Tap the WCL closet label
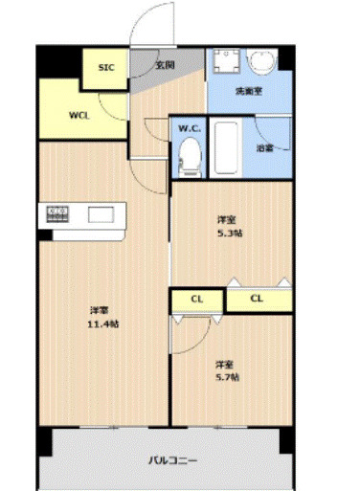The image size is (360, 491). [x=79, y=115]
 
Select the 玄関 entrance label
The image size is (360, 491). [x=164, y=66]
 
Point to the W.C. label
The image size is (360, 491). [x=187, y=127]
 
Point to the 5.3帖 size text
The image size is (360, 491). [x=229, y=234]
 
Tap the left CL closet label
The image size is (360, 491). [x=197, y=300]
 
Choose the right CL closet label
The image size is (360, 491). [x=257, y=300]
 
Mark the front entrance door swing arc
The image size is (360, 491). [x=146, y=24]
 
